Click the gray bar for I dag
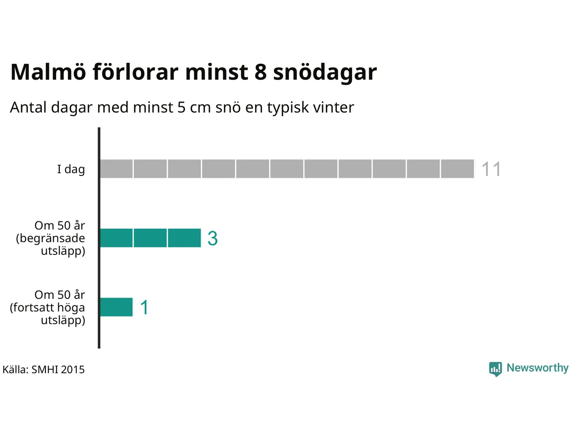[287, 169]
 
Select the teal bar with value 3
[150, 238]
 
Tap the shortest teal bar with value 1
[116, 307]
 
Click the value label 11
[491, 169]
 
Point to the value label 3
[212, 238]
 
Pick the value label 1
[144, 308]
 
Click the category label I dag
[71, 169]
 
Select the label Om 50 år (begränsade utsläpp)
[51, 238]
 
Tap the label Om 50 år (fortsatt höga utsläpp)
[48, 307]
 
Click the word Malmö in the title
[48, 72]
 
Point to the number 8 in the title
[261, 72]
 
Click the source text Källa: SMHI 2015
[44, 369]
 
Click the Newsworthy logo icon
[495, 369]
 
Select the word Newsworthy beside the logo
[537, 368]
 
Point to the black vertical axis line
[99, 238]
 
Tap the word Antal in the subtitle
[28, 108]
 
